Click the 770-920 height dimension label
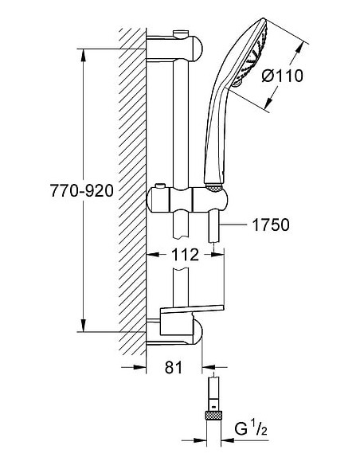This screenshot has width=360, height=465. (82, 190)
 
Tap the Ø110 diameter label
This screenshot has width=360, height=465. (283, 76)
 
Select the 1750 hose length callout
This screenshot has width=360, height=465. (271, 225)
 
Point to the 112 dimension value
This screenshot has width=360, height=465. (185, 255)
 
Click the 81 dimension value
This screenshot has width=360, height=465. (174, 367)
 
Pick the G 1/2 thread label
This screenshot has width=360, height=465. (251, 429)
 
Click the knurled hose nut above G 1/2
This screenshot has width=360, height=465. (213, 415)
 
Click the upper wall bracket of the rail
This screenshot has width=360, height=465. (174, 49)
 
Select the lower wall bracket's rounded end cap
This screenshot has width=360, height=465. (198, 332)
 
